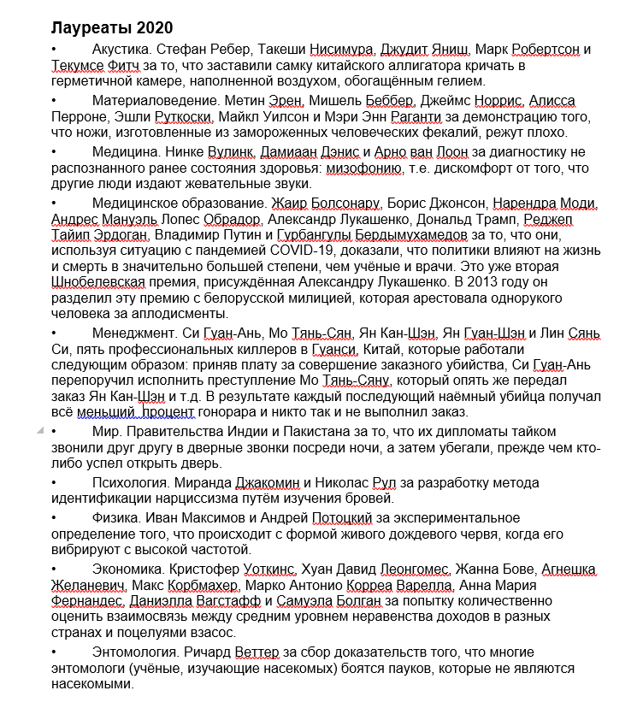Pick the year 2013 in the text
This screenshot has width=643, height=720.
(x=507, y=282)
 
